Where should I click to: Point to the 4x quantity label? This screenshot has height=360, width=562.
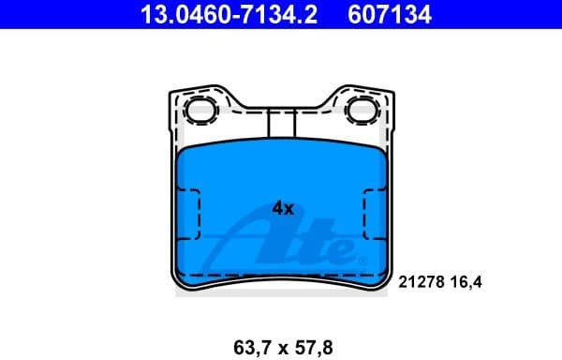coord(283,209)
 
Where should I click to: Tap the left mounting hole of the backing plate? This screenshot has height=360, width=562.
coord(199,111)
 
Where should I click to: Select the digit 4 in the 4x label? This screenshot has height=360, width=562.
coord(277,209)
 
